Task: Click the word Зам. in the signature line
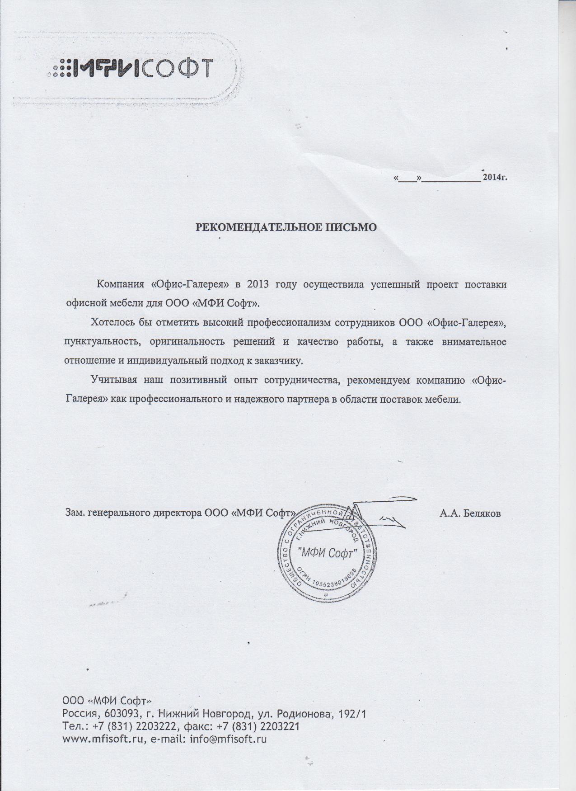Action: pos(75,513)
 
